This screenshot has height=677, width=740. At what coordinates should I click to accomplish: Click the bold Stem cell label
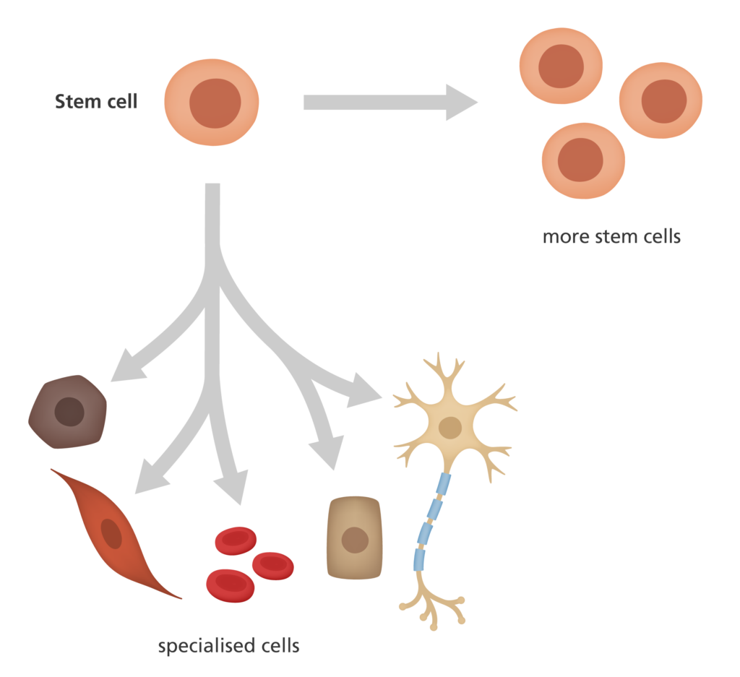click(96, 101)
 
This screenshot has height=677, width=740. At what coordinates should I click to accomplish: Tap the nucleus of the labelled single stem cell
click(215, 103)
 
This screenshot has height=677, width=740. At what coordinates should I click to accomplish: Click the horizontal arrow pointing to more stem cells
click(390, 103)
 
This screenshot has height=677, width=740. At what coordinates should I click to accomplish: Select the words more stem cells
click(611, 236)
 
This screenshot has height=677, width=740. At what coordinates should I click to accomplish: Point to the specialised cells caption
click(229, 645)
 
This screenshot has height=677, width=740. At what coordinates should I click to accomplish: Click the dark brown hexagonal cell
click(67, 412)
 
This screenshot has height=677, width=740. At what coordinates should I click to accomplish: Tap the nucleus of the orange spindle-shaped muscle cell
click(111, 534)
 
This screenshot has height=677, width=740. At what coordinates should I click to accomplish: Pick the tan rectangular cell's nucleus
click(355, 540)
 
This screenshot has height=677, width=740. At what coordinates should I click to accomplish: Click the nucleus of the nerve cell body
click(450, 428)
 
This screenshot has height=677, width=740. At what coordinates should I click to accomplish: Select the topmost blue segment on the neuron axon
click(443, 485)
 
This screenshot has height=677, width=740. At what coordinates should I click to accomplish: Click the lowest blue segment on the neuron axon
click(419, 559)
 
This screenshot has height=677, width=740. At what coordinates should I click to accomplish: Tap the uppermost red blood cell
click(236, 540)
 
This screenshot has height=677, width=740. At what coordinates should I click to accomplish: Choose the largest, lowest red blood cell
click(231, 585)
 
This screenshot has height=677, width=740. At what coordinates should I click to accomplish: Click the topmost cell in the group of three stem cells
click(561, 66)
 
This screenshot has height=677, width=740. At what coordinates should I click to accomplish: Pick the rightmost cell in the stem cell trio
click(661, 100)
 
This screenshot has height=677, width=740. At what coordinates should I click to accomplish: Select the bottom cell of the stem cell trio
click(583, 161)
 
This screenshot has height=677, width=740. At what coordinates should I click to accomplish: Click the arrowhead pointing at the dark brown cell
click(126, 367)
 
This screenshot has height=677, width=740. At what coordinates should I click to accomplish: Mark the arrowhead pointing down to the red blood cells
click(232, 486)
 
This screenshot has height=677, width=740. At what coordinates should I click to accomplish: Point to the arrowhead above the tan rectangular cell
click(327, 452)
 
